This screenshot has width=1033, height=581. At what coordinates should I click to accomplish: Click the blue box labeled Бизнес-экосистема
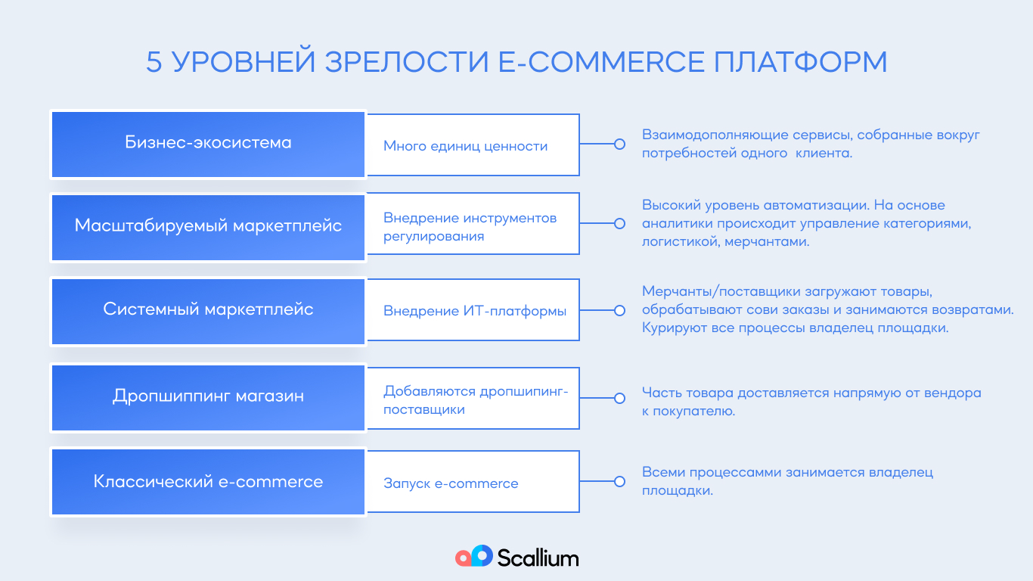[x=208, y=144]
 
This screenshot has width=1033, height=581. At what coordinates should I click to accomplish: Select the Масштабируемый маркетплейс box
[x=208, y=228]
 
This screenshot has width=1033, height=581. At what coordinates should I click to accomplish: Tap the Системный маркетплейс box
[x=208, y=312]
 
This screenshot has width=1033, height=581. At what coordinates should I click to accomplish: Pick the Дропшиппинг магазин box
[x=208, y=398]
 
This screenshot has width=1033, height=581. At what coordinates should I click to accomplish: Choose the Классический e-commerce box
[x=208, y=482]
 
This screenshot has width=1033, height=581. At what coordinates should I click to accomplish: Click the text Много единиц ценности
[x=465, y=146]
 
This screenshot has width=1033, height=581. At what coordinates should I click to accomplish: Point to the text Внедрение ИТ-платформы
[x=475, y=311]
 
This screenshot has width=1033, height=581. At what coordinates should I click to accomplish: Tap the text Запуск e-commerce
[x=451, y=483]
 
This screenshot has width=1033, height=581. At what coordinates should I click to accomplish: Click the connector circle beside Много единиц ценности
[x=620, y=144]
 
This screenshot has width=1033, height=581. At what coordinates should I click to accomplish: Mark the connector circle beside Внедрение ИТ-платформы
[x=620, y=310]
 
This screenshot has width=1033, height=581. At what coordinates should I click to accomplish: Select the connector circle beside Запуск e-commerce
[x=620, y=481]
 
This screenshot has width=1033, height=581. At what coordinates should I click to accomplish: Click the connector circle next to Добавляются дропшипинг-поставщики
[x=620, y=398]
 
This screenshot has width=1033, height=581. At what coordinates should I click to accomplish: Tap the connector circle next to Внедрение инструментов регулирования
[x=620, y=223]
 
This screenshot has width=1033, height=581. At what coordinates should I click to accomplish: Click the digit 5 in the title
[x=154, y=62]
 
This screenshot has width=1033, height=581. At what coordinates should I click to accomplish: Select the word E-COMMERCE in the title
[x=601, y=62]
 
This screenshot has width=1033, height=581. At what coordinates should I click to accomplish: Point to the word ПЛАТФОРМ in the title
[x=801, y=62]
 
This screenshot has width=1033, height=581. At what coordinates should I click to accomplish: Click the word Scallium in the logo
[x=538, y=558]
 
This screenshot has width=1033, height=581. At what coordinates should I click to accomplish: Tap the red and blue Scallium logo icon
[x=474, y=556]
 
